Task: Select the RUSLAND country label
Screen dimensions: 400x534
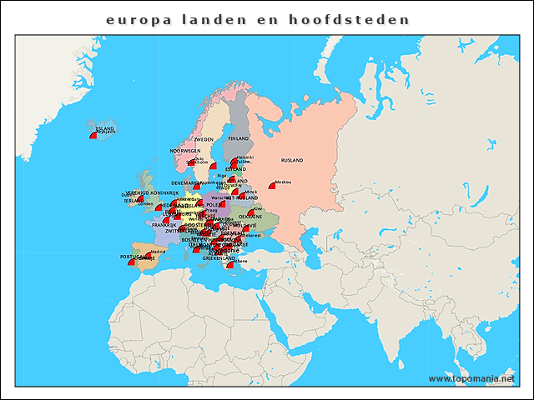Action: [292, 159]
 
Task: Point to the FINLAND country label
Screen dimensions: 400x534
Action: [239, 137]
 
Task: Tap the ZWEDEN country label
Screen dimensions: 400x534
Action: [204, 139]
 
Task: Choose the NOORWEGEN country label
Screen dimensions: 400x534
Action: [185, 151]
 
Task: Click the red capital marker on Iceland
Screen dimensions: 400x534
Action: [93, 136]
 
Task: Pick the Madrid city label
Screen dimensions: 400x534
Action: [158, 250]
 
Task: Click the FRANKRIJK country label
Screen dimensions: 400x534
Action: [164, 225]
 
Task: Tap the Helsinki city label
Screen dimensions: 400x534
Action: [245, 157]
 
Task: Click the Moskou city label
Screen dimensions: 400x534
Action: [282, 182]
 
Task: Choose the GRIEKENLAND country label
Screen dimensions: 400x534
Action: [219, 258]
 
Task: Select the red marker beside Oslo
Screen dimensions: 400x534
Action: [191, 162]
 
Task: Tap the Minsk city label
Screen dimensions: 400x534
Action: [251, 192]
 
